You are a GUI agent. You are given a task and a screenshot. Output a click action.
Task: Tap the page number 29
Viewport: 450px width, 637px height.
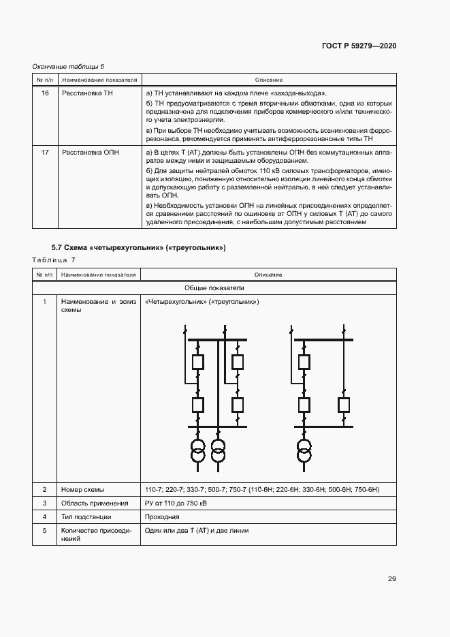point(392,579)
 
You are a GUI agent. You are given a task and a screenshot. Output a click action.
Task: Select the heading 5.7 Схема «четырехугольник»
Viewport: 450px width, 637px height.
point(138,247)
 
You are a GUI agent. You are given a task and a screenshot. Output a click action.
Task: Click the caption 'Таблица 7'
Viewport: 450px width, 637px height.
point(54,260)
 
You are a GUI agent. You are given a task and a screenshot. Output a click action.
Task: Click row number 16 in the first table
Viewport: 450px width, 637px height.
point(45,93)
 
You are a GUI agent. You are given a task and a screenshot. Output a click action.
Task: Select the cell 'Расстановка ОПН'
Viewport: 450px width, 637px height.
point(90,152)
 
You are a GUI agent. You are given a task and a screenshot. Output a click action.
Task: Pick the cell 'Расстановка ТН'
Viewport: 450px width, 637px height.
point(87,93)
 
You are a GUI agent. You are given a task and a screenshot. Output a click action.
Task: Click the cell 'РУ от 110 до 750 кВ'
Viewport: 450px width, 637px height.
point(176,503)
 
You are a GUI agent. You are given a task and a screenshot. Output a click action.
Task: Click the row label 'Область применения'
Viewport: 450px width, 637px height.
point(95,503)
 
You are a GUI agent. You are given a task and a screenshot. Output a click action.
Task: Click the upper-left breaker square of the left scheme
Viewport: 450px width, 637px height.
point(198,362)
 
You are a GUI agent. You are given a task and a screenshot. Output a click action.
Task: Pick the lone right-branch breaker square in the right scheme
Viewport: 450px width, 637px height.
point(344,405)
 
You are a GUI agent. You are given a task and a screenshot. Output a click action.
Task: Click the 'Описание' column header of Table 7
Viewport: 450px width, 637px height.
point(268,275)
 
